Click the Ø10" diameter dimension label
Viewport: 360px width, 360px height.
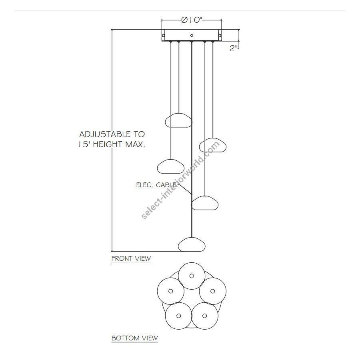coord(192,20)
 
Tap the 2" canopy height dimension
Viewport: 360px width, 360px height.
coord(234,48)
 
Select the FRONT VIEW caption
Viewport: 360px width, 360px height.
coord(131,258)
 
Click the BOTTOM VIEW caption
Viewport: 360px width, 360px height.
coord(135,338)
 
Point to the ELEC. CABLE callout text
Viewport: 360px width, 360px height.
coord(156,185)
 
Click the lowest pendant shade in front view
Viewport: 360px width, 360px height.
coord(192,244)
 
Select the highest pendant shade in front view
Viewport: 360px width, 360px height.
coord(178,120)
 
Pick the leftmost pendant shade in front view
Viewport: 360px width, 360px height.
coord(170,166)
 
